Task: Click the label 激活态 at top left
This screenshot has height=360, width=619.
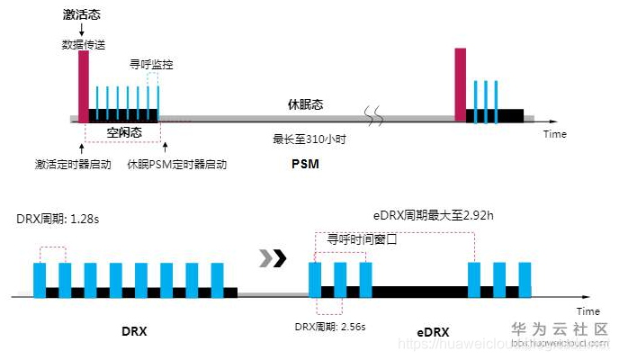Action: click(82, 16)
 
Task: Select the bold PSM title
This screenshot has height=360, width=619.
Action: click(305, 165)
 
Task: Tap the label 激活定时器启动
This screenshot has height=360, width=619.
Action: click(72, 165)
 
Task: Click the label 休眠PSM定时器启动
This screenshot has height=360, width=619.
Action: click(176, 165)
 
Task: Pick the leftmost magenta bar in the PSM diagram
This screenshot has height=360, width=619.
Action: click(84, 85)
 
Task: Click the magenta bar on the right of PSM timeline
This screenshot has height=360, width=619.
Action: click(461, 84)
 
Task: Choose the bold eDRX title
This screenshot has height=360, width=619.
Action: click(433, 332)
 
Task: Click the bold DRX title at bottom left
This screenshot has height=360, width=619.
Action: click(134, 331)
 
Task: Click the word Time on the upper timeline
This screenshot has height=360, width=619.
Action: click(555, 134)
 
